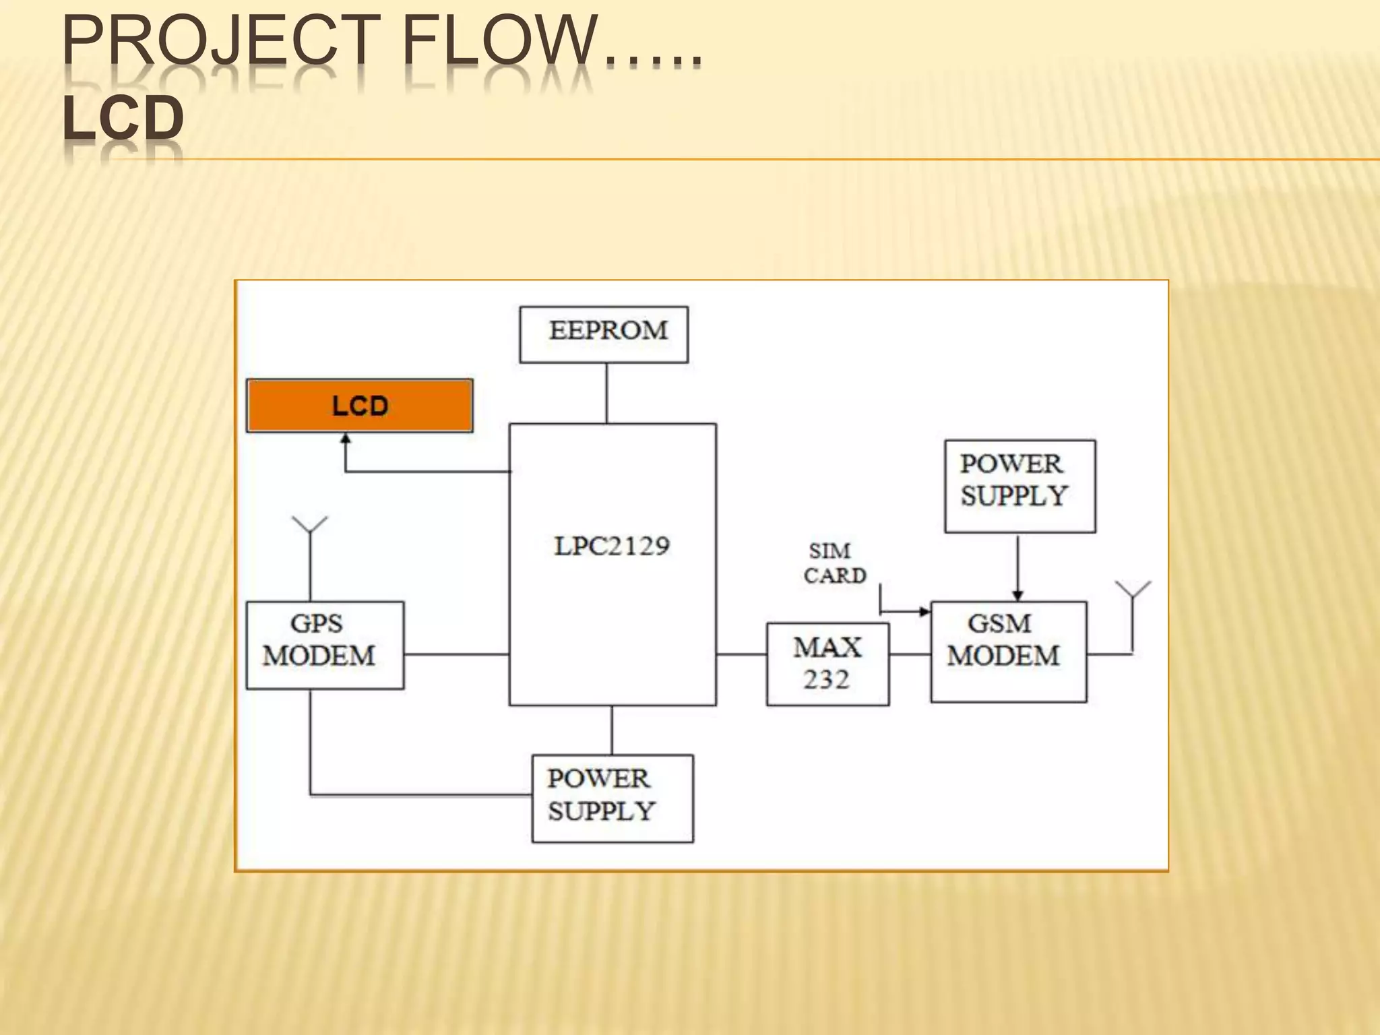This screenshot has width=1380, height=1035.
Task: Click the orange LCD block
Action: [359, 406]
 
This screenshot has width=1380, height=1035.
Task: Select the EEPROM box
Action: [604, 334]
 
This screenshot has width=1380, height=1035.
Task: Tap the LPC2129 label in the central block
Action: [612, 546]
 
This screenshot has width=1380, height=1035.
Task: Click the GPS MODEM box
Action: [325, 645]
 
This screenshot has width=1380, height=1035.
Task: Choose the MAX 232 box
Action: [827, 664]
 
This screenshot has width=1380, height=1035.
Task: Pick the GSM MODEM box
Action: [1008, 652]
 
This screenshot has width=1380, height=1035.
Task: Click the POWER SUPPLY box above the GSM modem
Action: [1020, 486]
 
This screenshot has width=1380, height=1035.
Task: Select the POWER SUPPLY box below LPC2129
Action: [612, 798]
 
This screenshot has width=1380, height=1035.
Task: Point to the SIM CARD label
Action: [834, 563]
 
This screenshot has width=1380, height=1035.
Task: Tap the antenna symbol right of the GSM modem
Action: [1133, 590]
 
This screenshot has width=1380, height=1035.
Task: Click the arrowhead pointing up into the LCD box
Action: [346, 439]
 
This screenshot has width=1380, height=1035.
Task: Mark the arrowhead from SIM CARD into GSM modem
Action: [924, 612]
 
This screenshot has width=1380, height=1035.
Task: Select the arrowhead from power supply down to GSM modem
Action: [1017, 595]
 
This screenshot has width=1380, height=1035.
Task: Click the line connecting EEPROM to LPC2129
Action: [606, 393]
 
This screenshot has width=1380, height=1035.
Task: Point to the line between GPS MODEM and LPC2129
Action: [456, 654]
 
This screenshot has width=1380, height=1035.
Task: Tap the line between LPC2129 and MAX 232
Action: [741, 654]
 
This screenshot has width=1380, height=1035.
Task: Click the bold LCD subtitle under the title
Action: [123, 118]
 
